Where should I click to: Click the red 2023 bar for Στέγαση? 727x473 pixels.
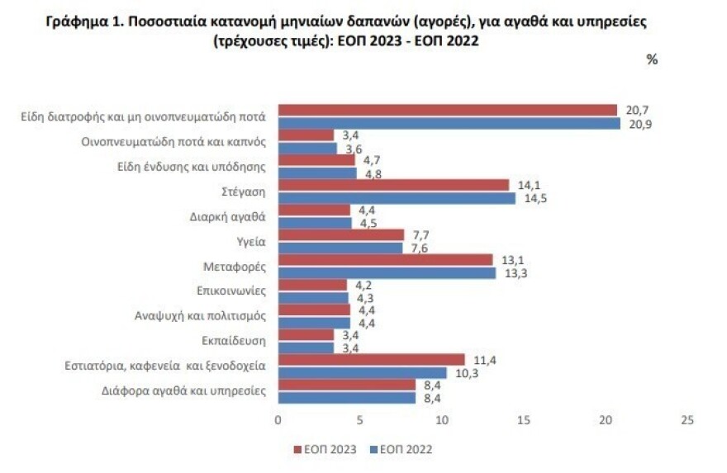[393, 185]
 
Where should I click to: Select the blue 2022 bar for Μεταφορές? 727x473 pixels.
[387, 273]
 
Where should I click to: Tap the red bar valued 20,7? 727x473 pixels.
[447, 111]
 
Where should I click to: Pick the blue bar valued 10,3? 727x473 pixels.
[362, 372]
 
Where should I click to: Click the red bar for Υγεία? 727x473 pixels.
[340, 235]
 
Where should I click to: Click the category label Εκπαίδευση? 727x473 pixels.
[233, 340]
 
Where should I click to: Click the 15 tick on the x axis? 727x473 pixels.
[523, 419]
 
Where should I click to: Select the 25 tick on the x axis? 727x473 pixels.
[687, 419]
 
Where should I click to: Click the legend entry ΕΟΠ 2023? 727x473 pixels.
[329, 450]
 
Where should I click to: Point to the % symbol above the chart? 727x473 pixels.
[651, 59]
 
